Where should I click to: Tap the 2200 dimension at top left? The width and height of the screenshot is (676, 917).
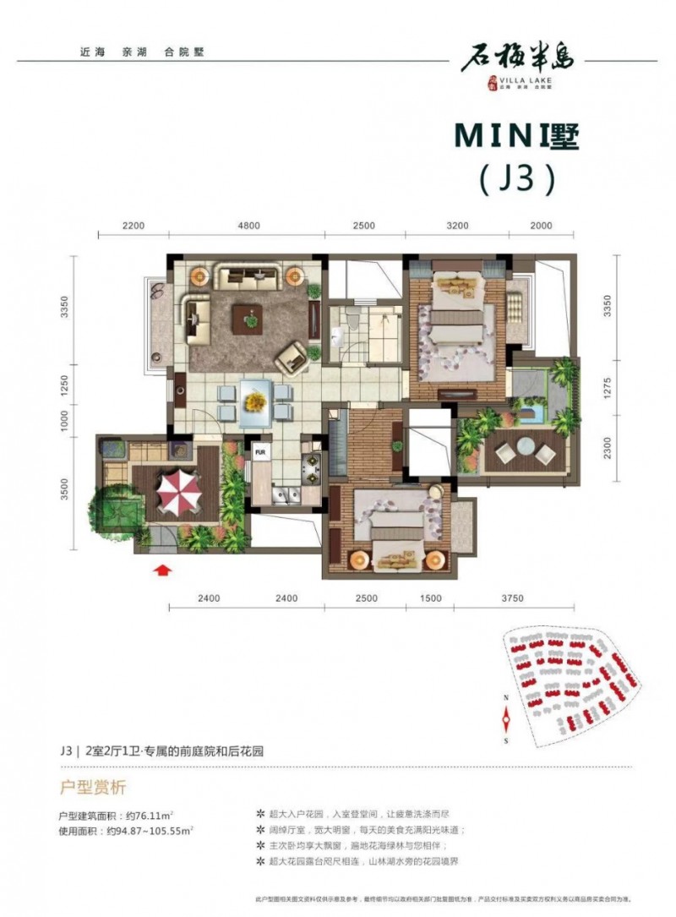pos(134,227)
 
